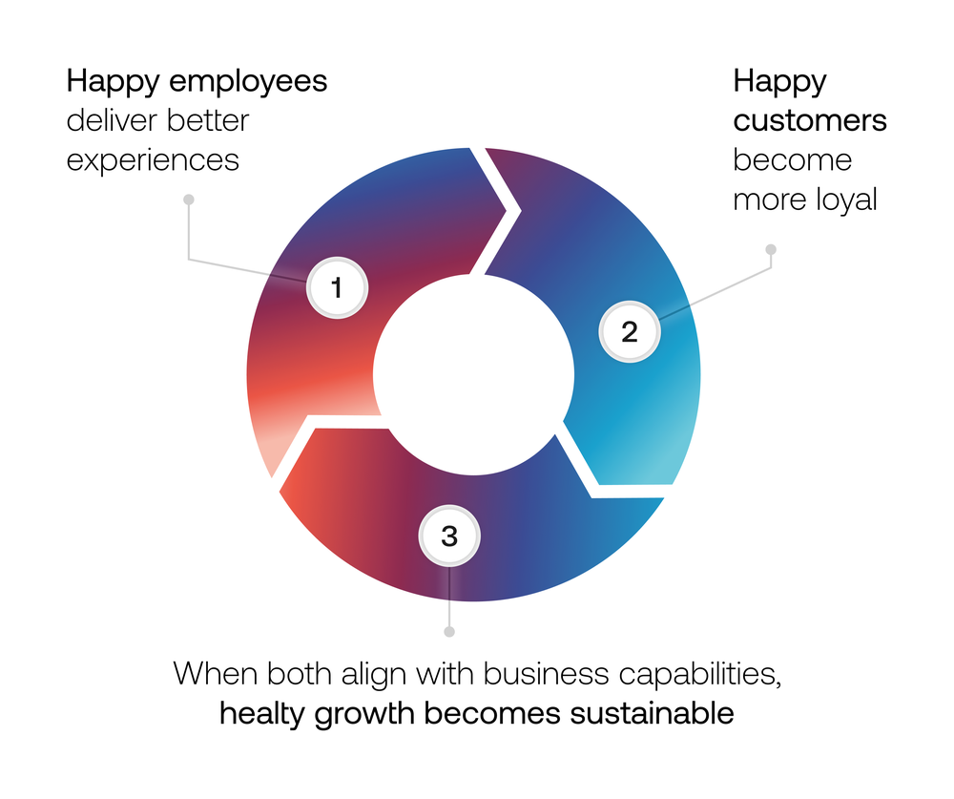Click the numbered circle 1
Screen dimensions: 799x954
[x=336, y=286]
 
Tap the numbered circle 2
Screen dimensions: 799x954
[x=629, y=332]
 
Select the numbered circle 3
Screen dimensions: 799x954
[x=449, y=536]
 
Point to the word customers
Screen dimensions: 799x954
[x=810, y=122]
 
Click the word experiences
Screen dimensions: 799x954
[x=153, y=160]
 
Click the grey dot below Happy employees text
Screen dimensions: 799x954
[x=189, y=200]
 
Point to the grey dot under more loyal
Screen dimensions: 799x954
[x=771, y=249]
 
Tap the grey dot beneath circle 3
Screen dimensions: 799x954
[x=450, y=631]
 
